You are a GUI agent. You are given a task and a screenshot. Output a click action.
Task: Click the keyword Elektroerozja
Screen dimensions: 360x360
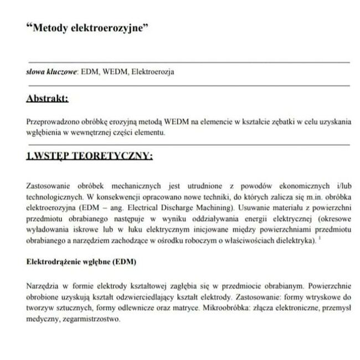coord(153,73)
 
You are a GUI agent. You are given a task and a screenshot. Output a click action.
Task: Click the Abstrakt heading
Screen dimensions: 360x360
coord(47,99)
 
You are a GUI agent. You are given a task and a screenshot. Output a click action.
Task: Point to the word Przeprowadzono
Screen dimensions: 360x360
coord(51,122)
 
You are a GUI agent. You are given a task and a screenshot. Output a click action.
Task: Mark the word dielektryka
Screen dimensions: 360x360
coord(297,240)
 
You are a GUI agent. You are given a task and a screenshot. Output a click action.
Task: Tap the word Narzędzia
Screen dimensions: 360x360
coord(42,286)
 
